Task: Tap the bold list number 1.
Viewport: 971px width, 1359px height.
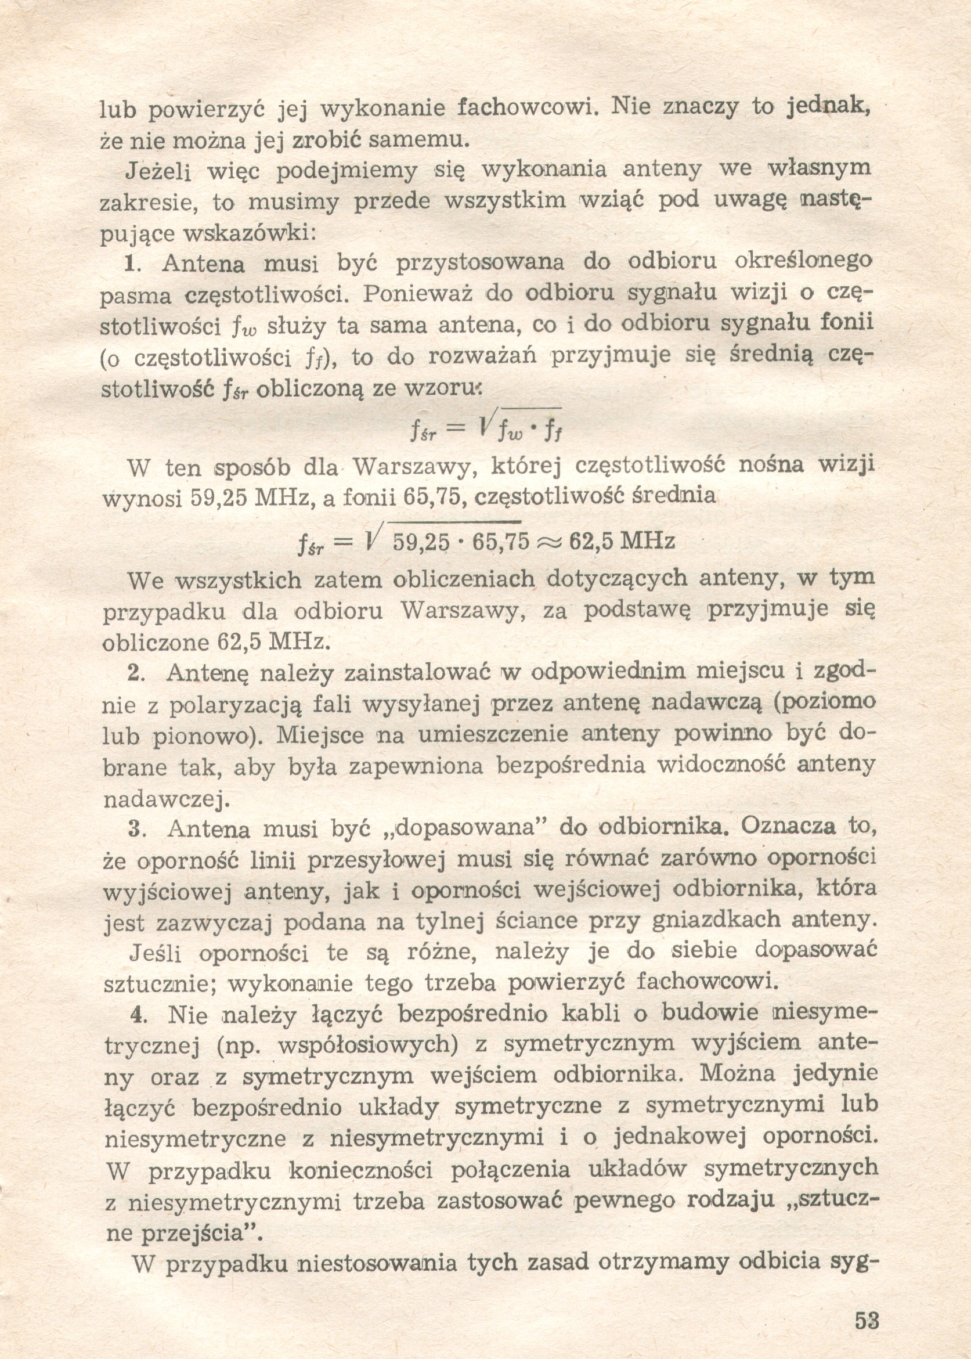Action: (130, 264)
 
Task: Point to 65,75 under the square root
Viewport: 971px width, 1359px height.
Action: (501, 541)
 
